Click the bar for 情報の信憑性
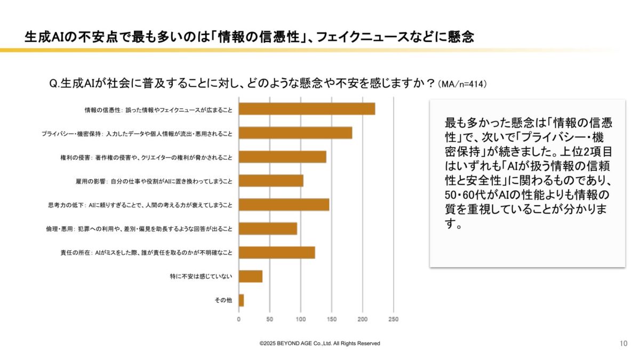click(x=307, y=109)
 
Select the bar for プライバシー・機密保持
click(x=295, y=133)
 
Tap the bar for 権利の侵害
click(x=282, y=157)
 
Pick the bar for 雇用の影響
click(x=271, y=181)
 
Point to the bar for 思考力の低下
click(x=284, y=205)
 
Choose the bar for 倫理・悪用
click(x=268, y=229)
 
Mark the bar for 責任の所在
click(x=277, y=252)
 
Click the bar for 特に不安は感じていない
click(x=251, y=276)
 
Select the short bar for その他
click(x=242, y=300)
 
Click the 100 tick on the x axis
click(x=301, y=319)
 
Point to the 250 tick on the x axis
click(x=394, y=319)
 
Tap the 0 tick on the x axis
click(x=239, y=319)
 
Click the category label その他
click(x=223, y=300)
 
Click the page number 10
click(x=623, y=343)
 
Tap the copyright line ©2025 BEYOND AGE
click(x=319, y=343)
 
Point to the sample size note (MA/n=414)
click(x=462, y=85)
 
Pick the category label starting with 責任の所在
click(x=147, y=253)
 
